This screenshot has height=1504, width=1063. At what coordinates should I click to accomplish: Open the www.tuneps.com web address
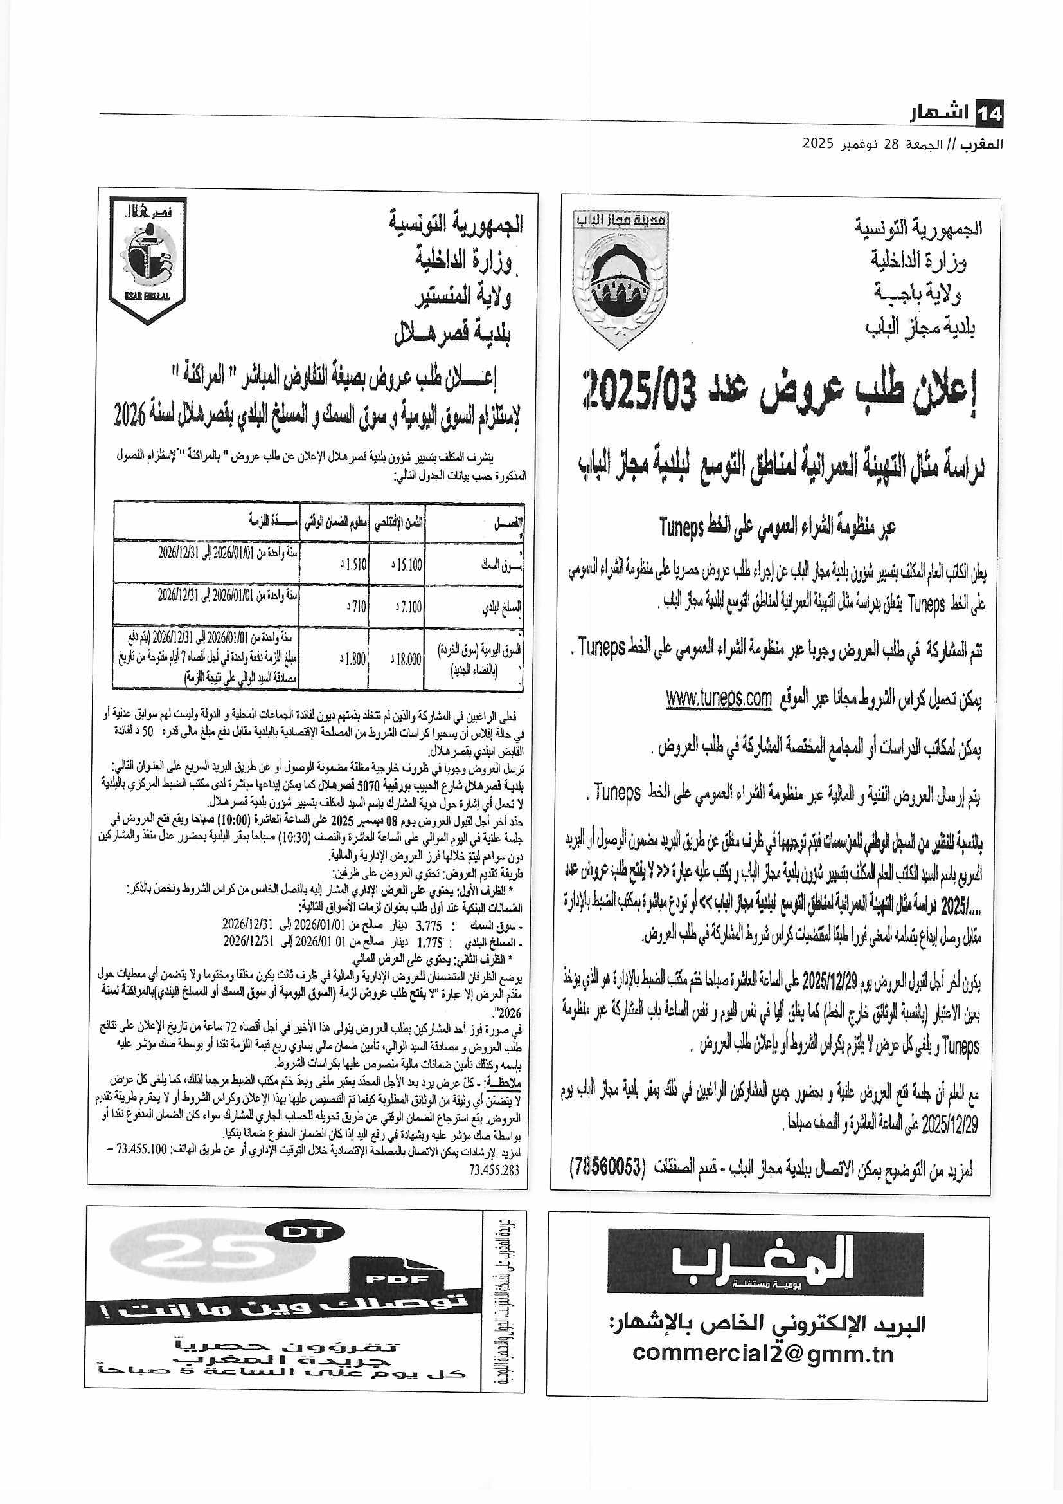pos(719,699)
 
